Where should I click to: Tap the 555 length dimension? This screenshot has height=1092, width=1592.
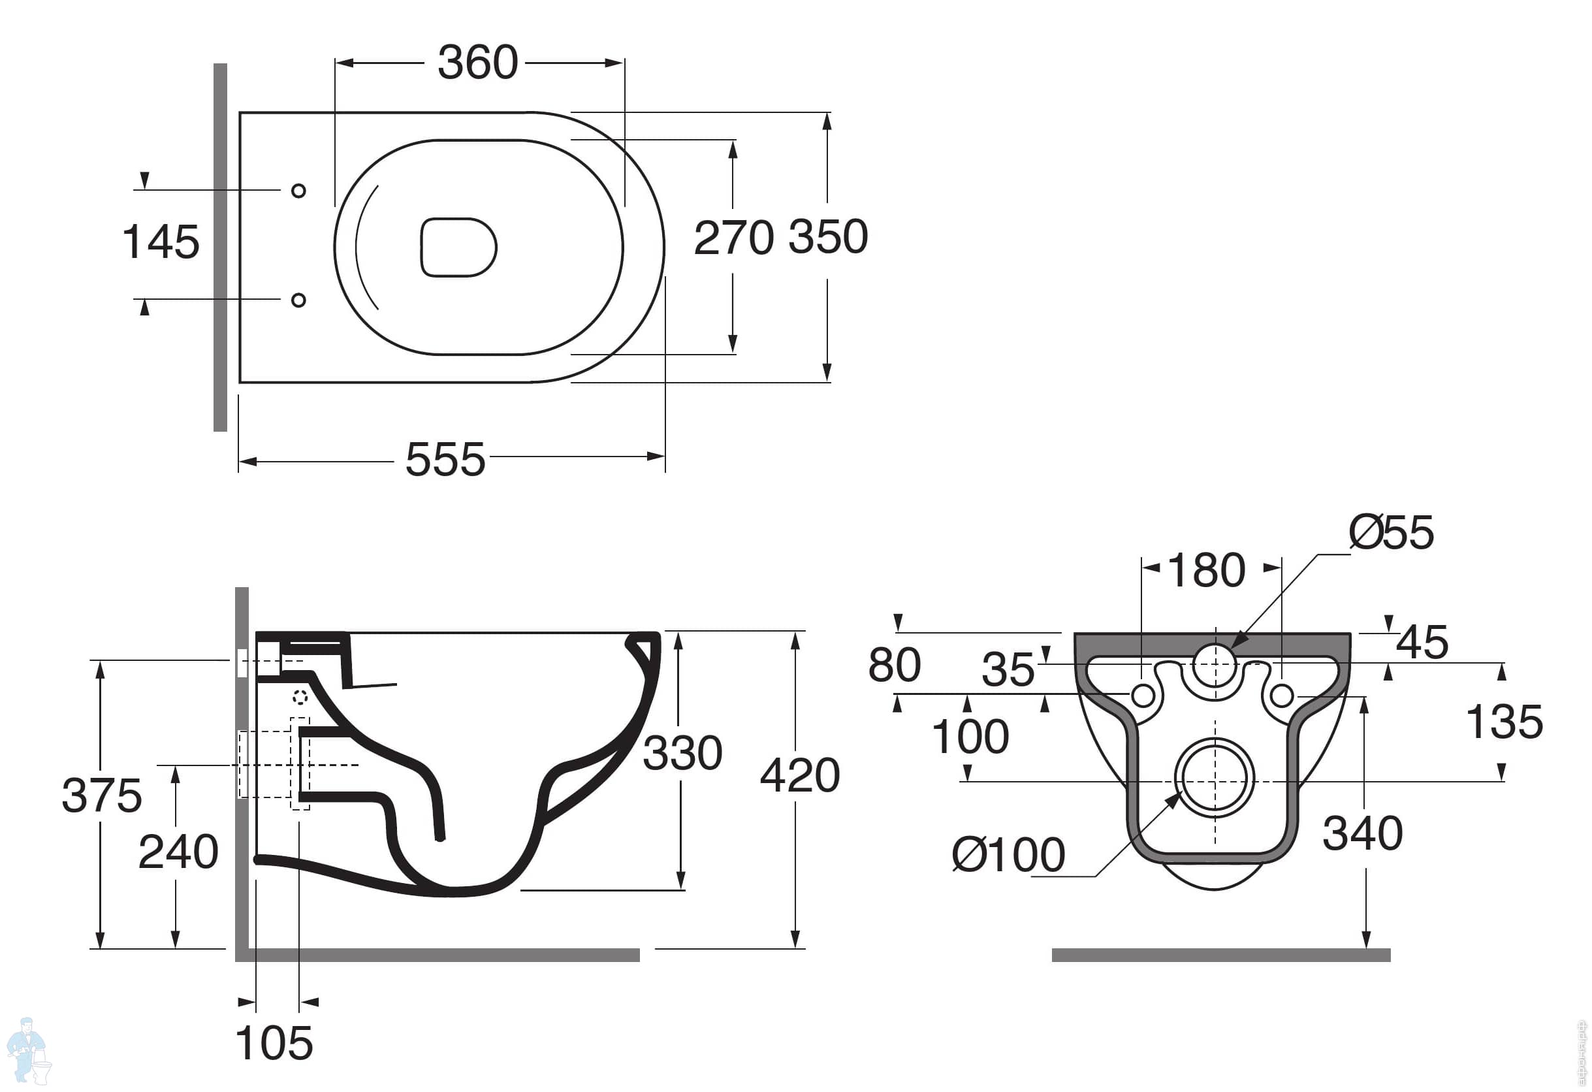click(445, 459)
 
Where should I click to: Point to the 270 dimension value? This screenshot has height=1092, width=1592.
click(734, 238)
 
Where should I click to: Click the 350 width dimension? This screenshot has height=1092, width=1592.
click(828, 237)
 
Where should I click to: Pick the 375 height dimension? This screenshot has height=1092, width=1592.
click(101, 795)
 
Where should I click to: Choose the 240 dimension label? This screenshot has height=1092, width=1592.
click(178, 852)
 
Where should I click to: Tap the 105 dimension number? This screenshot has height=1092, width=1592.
click(274, 1044)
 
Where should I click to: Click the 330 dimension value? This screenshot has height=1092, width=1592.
click(682, 753)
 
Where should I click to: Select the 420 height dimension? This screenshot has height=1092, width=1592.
click(799, 775)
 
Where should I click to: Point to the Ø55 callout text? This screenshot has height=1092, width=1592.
click(1391, 532)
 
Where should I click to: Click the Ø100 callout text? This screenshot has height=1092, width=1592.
click(1008, 855)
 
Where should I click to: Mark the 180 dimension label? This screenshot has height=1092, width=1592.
click(1206, 570)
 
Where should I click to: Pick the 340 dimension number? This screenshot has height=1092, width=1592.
click(1363, 834)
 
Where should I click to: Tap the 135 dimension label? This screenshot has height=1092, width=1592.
click(1504, 722)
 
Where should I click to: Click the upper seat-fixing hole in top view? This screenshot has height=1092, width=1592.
click(298, 191)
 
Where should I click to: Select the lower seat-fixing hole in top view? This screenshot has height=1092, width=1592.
click(298, 300)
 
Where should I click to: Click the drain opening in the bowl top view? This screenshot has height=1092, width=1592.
click(458, 248)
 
